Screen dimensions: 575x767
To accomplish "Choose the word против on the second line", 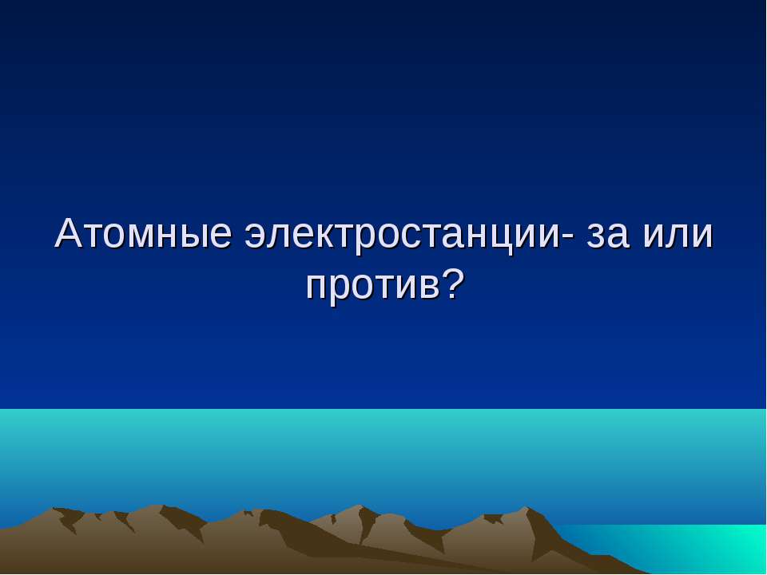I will (370, 285).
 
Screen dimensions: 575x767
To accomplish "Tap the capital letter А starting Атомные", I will (69, 233).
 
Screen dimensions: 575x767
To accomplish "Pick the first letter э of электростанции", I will (254, 237).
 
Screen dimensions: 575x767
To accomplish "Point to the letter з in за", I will (595, 237).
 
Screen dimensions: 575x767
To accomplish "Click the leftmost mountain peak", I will (56, 509).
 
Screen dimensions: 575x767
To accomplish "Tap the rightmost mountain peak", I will (525, 508).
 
